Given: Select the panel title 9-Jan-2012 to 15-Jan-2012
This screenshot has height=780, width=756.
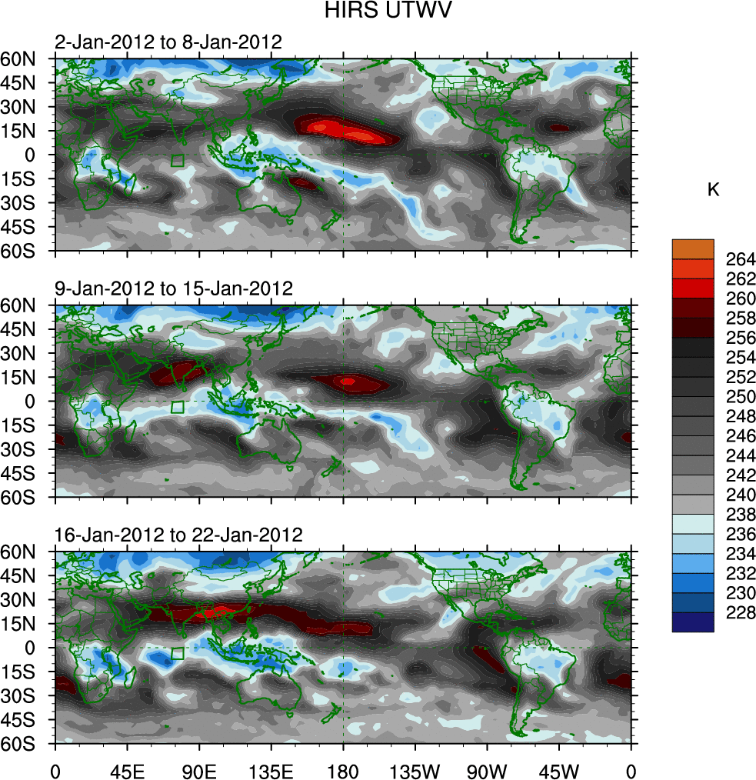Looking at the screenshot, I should (174, 289).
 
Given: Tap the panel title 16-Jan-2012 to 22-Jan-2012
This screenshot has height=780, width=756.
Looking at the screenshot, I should (178, 535).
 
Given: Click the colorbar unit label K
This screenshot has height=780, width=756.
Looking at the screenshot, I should (713, 190).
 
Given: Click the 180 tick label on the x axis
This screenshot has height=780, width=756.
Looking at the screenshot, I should (343, 770).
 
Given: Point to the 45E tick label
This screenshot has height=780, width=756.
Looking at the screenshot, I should (127, 770).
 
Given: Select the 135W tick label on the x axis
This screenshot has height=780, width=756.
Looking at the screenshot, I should (415, 770).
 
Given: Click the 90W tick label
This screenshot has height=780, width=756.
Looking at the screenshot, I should (487, 770).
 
